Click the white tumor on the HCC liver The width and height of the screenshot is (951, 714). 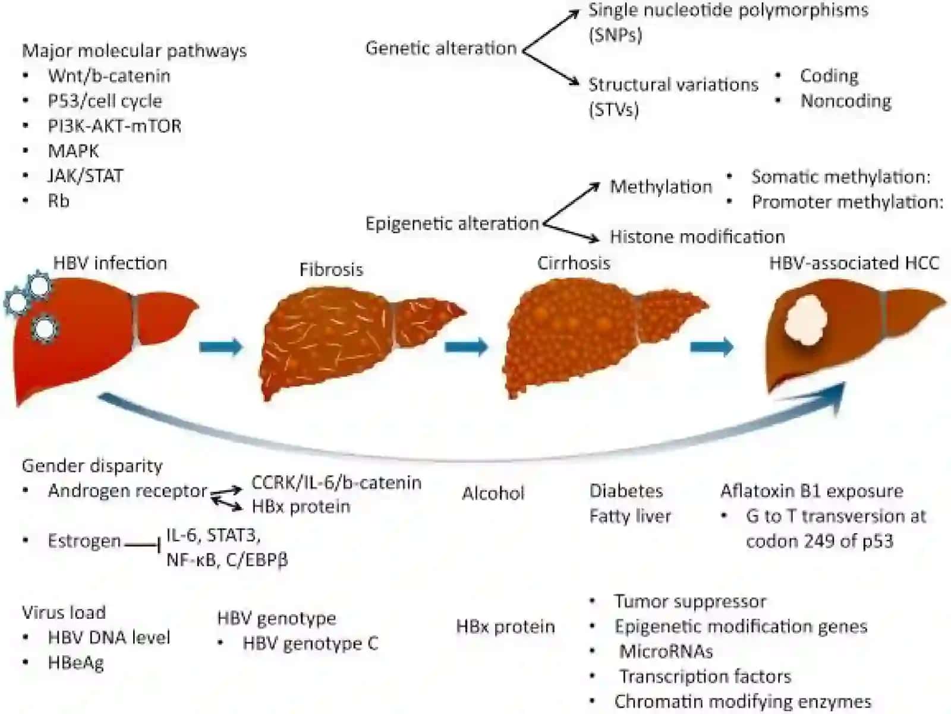pyautogui.click(x=805, y=320)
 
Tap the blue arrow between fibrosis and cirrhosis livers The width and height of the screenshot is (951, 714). pyautogui.click(x=466, y=346)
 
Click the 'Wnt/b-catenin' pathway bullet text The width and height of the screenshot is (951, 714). pyautogui.click(x=109, y=76)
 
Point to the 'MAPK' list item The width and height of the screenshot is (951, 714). pyautogui.click(x=74, y=151)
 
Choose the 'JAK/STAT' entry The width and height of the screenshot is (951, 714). pyautogui.click(x=86, y=176)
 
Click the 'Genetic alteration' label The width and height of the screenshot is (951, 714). pyautogui.click(x=441, y=48)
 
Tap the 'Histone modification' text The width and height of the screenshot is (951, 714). pyautogui.click(x=697, y=237)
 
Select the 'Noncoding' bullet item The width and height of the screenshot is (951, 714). pyautogui.click(x=846, y=101)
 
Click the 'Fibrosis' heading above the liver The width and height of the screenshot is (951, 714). pyautogui.click(x=332, y=269)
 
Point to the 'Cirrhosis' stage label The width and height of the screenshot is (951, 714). pyautogui.click(x=574, y=263)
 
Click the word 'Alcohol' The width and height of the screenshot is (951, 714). pyautogui.click(x=493, y=493)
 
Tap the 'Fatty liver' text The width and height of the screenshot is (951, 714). pyautogui.click(x=630, y=516)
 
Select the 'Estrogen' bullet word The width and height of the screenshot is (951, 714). pyautogui.click(x=84, y=541)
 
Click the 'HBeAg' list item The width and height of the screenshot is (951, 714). pyautogui.click(x=76, y=662)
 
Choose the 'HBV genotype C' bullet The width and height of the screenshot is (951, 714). pyautogui.click(x=310, y=643)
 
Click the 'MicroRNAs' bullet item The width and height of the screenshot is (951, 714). pyautogui.click(x=666, y=651)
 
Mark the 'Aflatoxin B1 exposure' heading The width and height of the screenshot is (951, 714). pyautogui.click(x=812, y=491)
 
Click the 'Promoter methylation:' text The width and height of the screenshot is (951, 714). pyautogui.click(x=848, y=202)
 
